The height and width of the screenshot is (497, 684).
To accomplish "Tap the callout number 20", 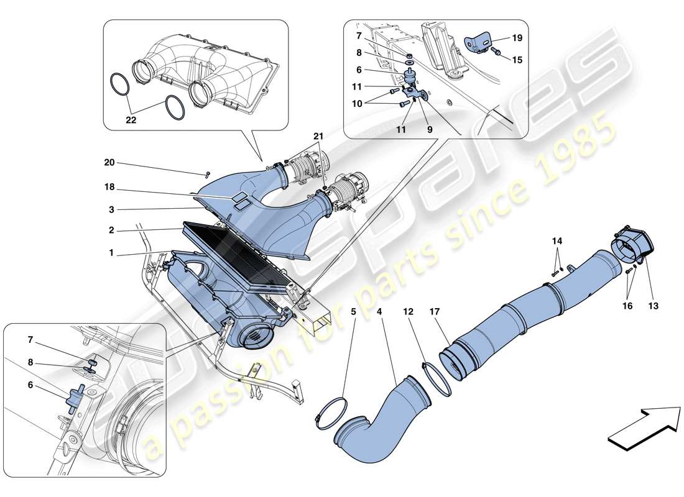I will tap(110, 163).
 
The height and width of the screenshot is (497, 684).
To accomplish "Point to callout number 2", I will tap(110, 230).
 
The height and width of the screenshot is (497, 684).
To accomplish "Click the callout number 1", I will tap(111, 253).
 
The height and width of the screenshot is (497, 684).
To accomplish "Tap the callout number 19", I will tap(517, 38).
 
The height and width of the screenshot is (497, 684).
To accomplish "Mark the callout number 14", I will tap(557, 240).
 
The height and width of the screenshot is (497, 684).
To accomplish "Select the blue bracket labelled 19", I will tap(478, 42).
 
